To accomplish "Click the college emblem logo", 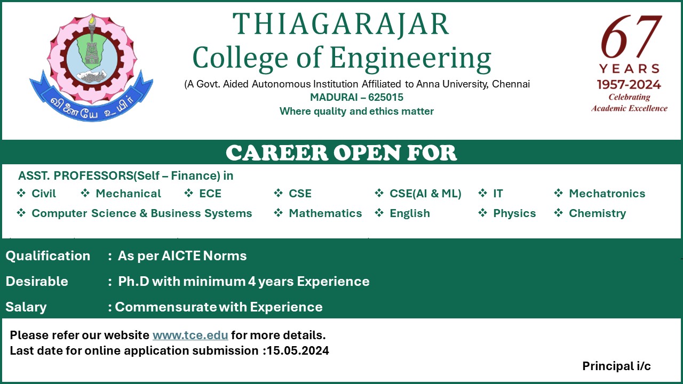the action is point(91,67).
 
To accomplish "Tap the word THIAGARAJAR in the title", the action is point(341,25).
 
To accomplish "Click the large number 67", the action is point(631,37).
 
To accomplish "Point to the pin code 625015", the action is point(386,97).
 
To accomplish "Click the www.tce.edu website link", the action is point(190,335).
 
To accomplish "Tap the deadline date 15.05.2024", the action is point(298,350).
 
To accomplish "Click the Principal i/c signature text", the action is point(616,366).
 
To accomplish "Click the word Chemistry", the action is point(597,213).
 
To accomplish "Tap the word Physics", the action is point(514,213).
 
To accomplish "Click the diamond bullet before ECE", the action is point(189,193).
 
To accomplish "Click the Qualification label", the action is point(48,255).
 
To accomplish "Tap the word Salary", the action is point(26,307).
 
